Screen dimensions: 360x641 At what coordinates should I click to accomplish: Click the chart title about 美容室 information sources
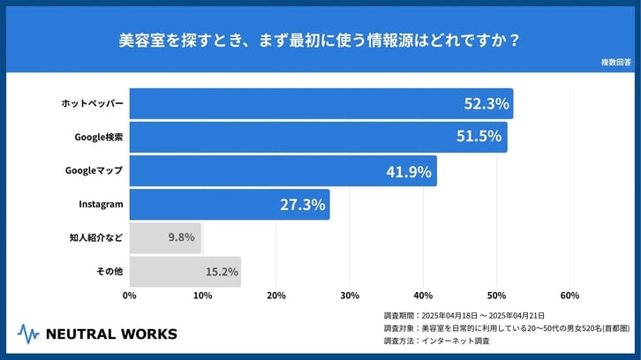320,40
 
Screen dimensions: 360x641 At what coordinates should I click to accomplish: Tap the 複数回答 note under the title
615,63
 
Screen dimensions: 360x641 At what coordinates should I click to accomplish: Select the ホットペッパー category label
92,104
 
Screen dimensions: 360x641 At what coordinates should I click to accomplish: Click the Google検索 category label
100,138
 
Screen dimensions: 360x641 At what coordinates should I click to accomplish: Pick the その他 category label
109,272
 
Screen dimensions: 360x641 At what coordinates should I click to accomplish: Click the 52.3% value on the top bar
486,104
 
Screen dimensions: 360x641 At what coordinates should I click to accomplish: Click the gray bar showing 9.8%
165,238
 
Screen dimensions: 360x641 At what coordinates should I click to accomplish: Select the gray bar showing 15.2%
185,272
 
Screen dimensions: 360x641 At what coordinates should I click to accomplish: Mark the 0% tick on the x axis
130,296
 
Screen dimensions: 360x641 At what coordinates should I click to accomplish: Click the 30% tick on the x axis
350,296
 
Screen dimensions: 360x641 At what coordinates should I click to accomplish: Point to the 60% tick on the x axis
569,296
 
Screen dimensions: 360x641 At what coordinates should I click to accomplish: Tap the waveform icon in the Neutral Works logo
29,334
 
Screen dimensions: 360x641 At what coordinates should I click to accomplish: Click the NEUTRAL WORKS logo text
110,334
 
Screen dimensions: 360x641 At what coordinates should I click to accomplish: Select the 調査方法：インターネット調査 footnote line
440,340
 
